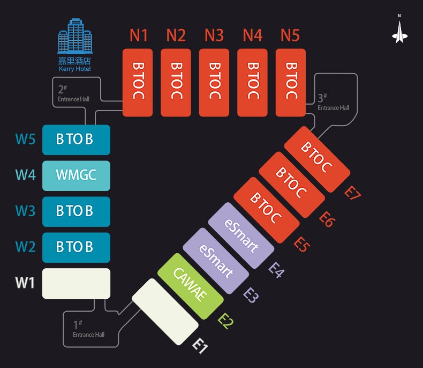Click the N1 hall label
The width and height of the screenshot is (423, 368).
click(139, 36)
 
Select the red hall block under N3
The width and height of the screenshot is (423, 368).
click(214, 83)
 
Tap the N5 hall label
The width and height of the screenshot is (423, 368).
click(290, 36)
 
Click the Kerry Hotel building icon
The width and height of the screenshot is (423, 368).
click(74, 37)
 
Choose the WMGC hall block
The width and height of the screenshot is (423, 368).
click(76, 175)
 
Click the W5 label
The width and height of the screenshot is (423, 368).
click(25, 139)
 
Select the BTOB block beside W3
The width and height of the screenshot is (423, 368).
click(76, 211)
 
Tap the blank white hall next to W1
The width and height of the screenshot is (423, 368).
click(76, 283)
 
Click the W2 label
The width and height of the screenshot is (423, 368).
click(25, 247)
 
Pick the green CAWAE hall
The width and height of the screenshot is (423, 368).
click(191, 287)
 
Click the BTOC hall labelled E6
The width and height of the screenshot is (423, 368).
click(291, 184)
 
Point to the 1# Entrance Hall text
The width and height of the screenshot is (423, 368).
click(88, 329)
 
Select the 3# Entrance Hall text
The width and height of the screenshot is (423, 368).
click(333, 102)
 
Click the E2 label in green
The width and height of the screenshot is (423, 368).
click(226, 321)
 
